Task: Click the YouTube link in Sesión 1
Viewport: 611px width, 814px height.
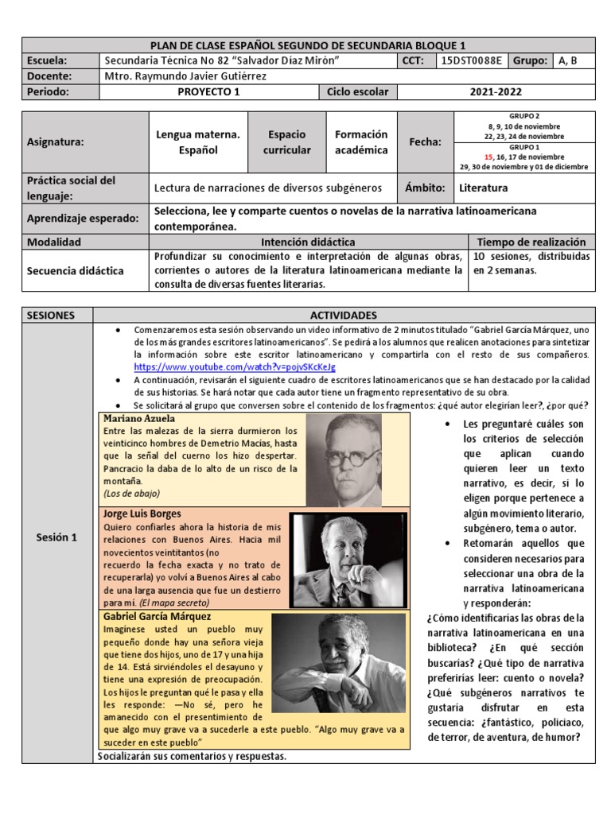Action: pyautogui.click(x=235, y=367)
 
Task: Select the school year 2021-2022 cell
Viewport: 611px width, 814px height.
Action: pyautogui.click(x=496, y=91)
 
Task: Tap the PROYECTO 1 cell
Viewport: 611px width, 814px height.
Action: pyautogui.click(x=209, y=91)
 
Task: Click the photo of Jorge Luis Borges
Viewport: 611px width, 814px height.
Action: pyautogui.click(x=349, y=560)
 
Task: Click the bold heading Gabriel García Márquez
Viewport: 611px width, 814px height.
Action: pyautogui.click(x=157, y=616)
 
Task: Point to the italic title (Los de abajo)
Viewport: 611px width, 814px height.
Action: pyautogui.click(x=130, y=494)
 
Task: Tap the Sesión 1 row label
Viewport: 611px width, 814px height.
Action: pyautogui.click(x=57, y=537)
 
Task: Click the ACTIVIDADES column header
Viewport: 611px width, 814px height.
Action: pyautogui.click(x=344, y=315)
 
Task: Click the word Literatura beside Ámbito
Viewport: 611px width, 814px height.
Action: pyautogui.click(x=483, y=188)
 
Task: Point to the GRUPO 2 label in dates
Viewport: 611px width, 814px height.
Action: pyautogui.click(x=524, y=116)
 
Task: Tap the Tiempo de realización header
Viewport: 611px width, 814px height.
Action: pyautogui.click(x=531, y=242)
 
